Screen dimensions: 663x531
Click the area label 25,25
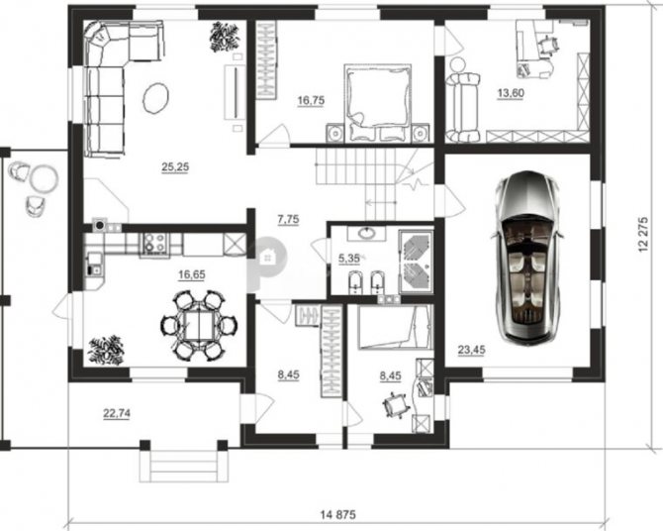click(x=175, y=167)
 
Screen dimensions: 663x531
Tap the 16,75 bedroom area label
click(x=311, y=100)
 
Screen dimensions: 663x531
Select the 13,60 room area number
click(x=511, y=93)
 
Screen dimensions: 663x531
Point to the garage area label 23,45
click(x=471, y=350)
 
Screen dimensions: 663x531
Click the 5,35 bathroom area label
click(x=349, y=259)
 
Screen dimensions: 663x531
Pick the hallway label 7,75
click(x=288, y=219)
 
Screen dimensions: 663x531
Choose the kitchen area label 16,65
click(x=192, y=274)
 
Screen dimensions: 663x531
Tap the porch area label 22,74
click(x=117, y=413)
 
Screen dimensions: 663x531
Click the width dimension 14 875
click(x=338, y=515)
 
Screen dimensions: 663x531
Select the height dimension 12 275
click(x=643, y=235)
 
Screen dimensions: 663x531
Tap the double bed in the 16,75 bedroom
click(x=378, y=102)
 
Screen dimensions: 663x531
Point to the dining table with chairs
click(x=198, y=325)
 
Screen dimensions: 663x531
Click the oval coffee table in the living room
click(x=156, y=97)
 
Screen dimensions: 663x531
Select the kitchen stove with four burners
click(x=154, y=243)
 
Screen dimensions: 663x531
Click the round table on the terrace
click(x=44, y=178)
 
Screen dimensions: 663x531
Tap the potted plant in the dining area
click(x=106, y=350)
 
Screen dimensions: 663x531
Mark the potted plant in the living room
click(x=225, y=38)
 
